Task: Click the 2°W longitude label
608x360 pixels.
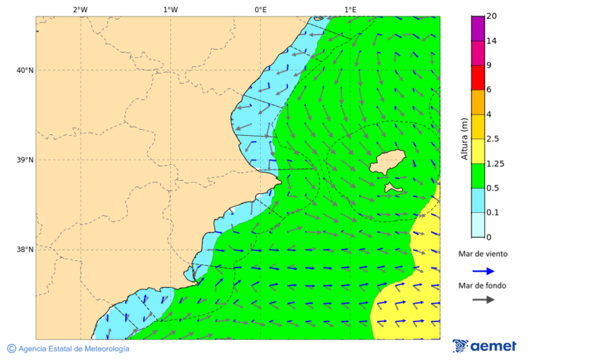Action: (x=80, y=9)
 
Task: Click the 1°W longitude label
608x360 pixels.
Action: (x=170, y=9)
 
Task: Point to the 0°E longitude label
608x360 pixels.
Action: (x=260, y=9)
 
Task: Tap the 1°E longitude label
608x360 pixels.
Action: (x=350, y=9)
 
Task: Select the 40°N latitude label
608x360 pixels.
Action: (x=25, y=70)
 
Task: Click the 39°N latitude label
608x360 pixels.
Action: (x=25, y=160)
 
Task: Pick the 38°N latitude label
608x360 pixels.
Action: (x=25, y=250)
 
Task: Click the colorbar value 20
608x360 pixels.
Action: (x=491, y=16)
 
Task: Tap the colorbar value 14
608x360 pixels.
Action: (x=491, y=41)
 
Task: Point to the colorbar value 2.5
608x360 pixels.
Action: (x=493, y=139)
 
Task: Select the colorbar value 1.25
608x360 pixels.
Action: (x=495, y=163)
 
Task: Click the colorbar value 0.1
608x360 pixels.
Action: (x=493, y=213)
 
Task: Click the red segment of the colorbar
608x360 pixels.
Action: (x=478, y=78)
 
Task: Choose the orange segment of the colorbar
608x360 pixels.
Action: (x=478, y=102)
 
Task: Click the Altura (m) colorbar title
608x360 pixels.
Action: (x=464, y=138)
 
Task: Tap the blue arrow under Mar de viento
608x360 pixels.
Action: (x=483, y=271)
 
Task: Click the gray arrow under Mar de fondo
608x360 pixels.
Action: (x=483, y=300)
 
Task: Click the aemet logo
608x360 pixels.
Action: (x=484, y=346)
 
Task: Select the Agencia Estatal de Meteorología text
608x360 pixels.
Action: (x=74, y=349)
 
